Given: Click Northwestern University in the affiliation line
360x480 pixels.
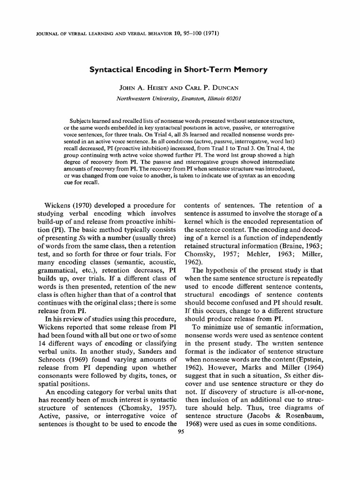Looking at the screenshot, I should pyautogui.click(x=144, y=98).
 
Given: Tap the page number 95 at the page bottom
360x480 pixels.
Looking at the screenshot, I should pyautogui.click(x=180, y=433).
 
